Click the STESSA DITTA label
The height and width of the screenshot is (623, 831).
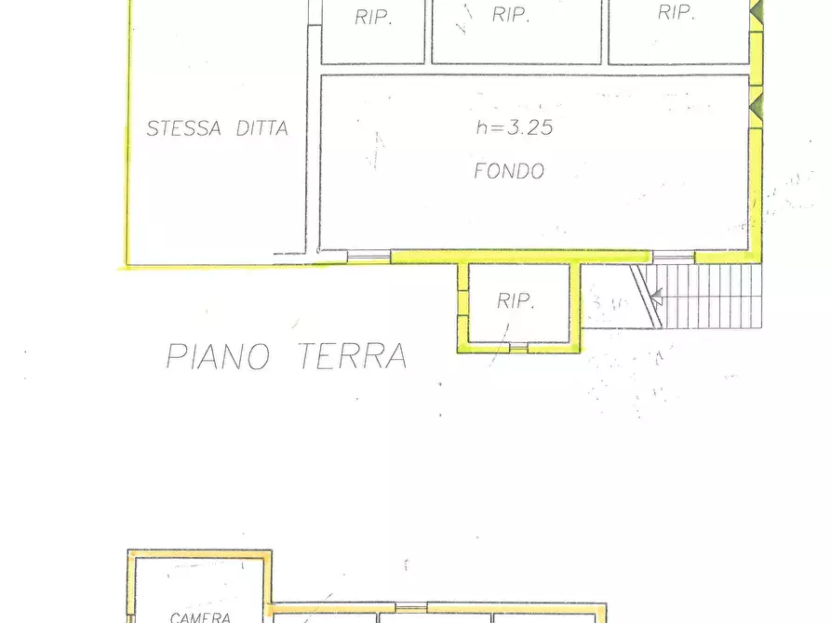tap(218, 129)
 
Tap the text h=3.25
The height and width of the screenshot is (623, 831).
tap(514, 128)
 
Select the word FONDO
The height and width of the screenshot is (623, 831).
tap(509, 171)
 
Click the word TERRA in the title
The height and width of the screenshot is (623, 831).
tap(353, 356)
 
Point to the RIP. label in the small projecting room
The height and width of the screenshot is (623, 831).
tap(515, 300)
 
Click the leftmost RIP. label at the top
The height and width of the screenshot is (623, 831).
tap(373, 18)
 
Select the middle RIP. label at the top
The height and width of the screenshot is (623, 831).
tap(511, 15)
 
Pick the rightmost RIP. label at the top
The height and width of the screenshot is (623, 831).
tap(677, 13)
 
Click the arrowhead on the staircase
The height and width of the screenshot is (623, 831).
tap(656, 299)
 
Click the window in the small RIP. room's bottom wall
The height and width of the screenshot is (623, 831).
tap(518, 347)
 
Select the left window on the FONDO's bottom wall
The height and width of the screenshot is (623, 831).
tap(369, 254)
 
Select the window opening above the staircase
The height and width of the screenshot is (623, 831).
tap(673, 256)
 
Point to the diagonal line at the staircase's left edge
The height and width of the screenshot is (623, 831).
tap(646, 294)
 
